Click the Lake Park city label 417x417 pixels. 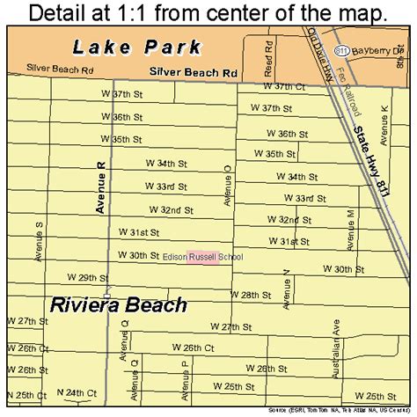[x=139, y=48]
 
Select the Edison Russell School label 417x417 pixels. [x=202, y=257]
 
